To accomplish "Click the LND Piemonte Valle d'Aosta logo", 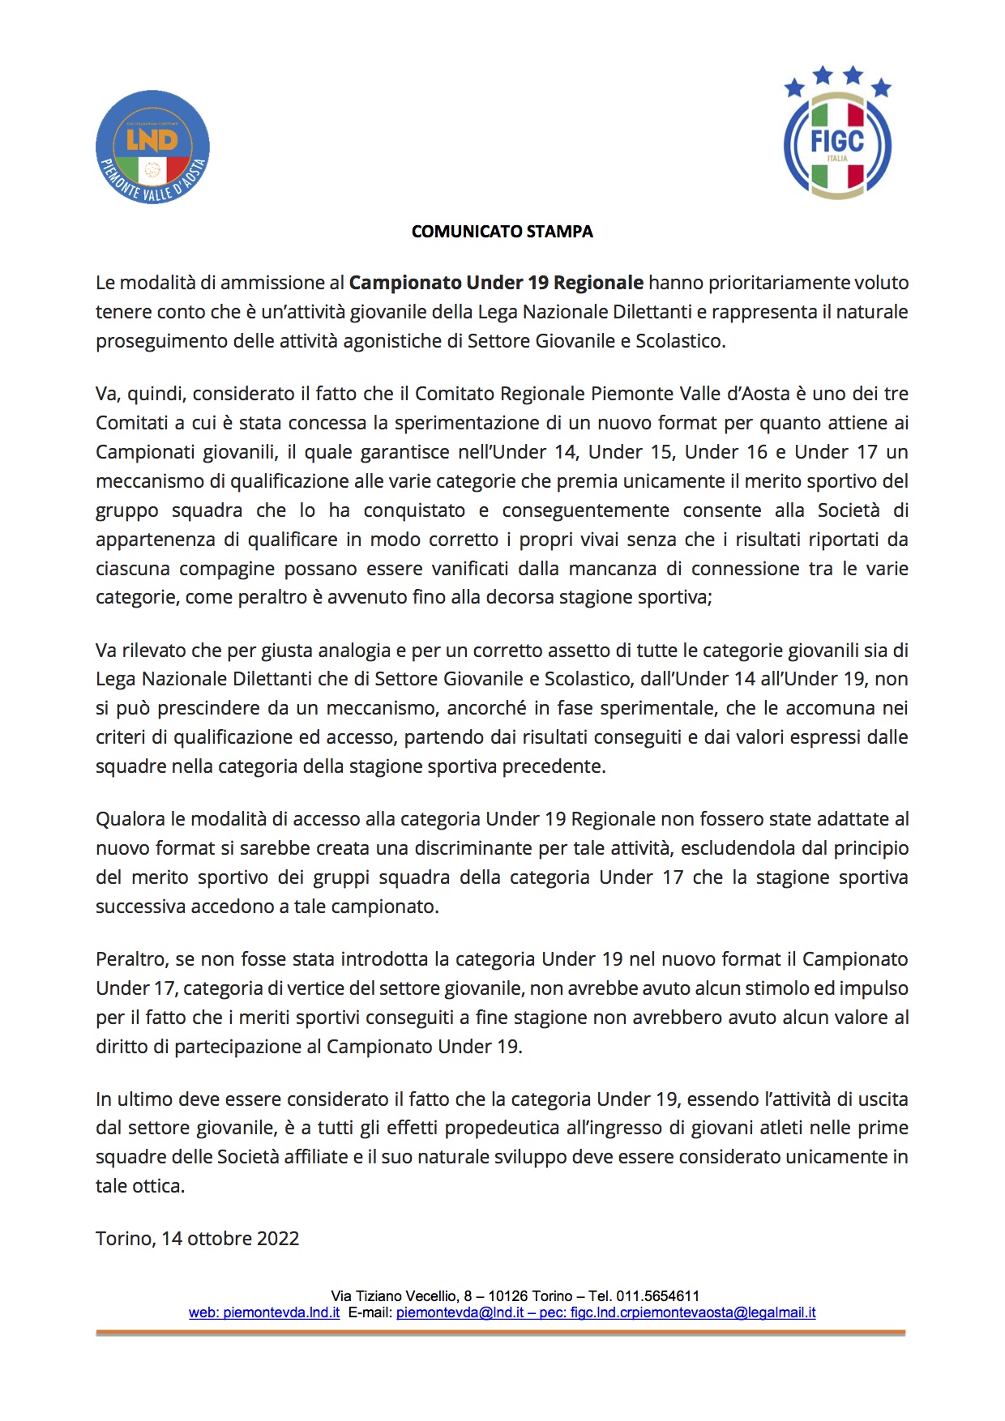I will (152, 147).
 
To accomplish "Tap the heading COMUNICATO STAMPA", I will (502, 232).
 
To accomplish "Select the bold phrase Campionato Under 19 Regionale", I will (496, 283).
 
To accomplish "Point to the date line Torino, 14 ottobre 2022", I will (197, 1239).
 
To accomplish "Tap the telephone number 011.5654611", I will (657, 1296).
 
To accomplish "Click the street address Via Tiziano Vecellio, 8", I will (397, 1296).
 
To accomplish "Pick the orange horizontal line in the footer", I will (500, 1333).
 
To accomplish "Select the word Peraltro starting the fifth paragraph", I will (130, 959).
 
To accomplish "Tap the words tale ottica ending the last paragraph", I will (139, 1186).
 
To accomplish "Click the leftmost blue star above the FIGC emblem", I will (794, 87).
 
